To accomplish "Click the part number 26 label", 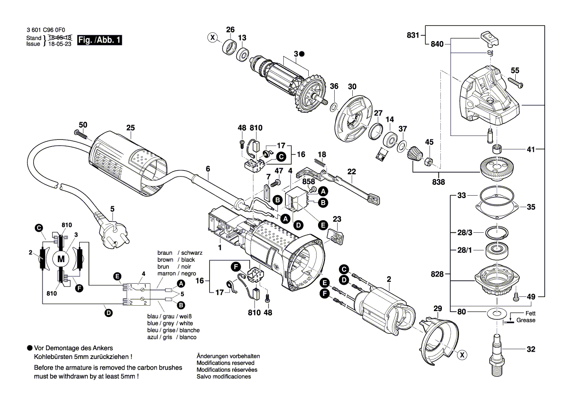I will (x=230, y=29).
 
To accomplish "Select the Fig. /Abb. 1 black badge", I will (x=99, y=41).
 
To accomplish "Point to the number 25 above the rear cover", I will (x=130, y=128).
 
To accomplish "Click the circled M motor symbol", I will (x=61, y=258).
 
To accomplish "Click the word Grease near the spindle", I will (x=526, y=320).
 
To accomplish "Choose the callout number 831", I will (x=413, y=35).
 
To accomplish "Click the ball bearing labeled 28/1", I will (x=496, y=251).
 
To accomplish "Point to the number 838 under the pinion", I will (x=438, y=182).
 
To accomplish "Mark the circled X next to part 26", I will (x=212, y=37).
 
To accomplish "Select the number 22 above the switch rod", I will (x=351, y=171).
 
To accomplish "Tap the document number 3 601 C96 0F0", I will (x=46, y=29).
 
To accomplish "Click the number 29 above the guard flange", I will (x=437, y=309).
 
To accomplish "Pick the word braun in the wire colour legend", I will (x=165, y=253).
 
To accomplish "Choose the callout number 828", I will (x=437, y=274).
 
